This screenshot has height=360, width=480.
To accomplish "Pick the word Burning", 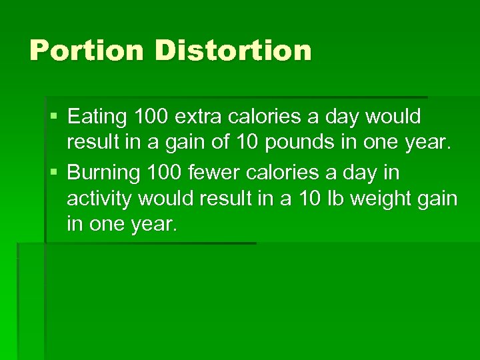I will (103, 173).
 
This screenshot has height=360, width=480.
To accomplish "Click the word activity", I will (97, 199).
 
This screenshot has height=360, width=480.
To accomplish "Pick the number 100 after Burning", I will (161, 173).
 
